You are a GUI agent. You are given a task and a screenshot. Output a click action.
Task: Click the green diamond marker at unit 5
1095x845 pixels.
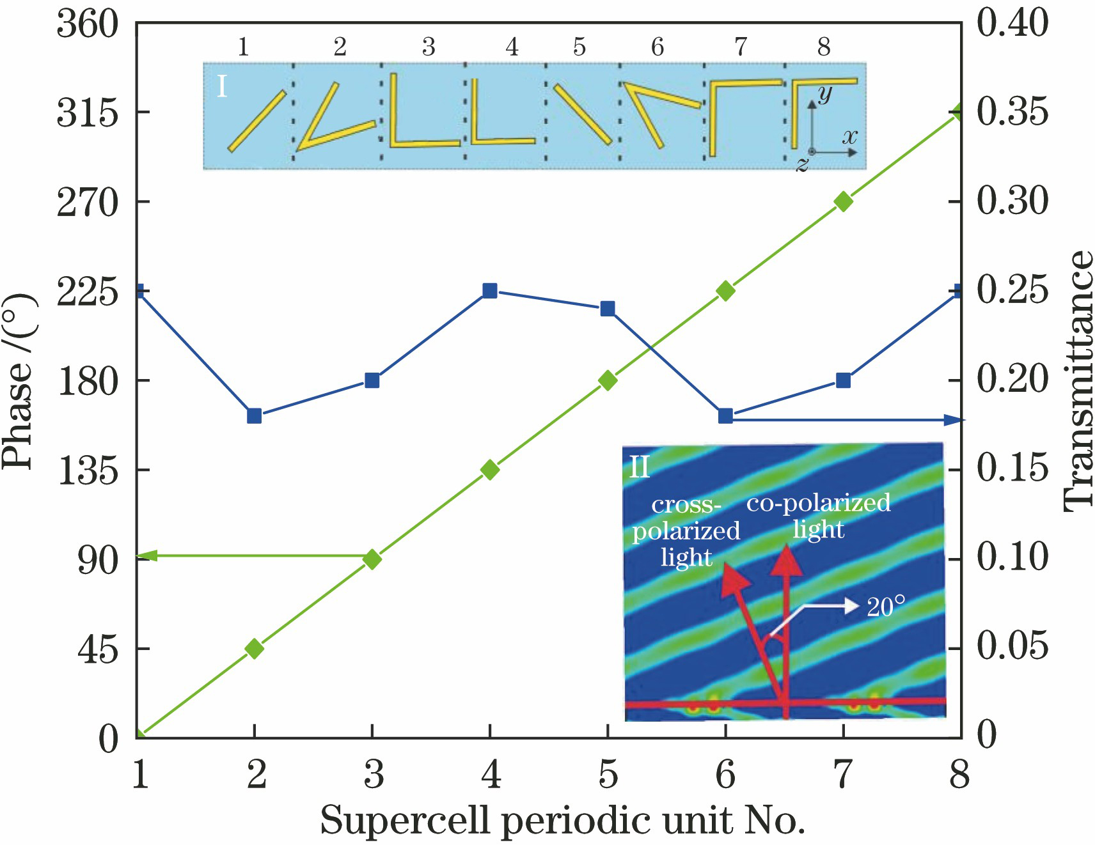tap(608, 381)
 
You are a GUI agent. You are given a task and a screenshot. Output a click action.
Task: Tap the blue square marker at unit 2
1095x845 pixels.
tap(254, 416)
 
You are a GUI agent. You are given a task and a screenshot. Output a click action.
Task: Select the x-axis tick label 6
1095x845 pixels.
tap(725, 775)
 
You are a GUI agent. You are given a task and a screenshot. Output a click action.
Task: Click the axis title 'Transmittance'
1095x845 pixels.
tap(1078, 381)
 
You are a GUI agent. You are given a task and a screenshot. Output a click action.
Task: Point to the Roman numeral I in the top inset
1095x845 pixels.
tap(221, 86)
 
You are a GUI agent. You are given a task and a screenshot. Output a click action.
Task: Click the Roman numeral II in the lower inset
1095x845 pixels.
tap(640, 467)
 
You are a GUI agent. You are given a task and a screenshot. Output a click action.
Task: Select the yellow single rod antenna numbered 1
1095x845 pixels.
tap(256, 121)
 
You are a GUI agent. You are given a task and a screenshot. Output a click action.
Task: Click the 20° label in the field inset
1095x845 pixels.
tap(886, 607)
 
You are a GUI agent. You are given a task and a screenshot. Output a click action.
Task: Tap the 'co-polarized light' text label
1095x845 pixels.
tap(819, 515)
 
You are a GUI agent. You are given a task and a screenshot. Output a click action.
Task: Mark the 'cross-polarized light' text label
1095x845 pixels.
tap(686, 531)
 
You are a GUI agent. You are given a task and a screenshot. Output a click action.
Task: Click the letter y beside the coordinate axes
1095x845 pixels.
tap(825, 95)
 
